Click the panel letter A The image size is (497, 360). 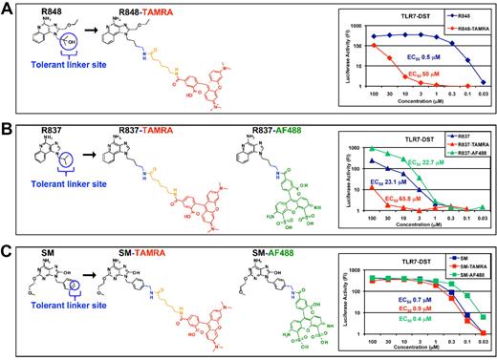(x=8, y=9)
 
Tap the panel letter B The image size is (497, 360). (x=8, y=129)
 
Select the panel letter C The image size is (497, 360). (x=8, y=248)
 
